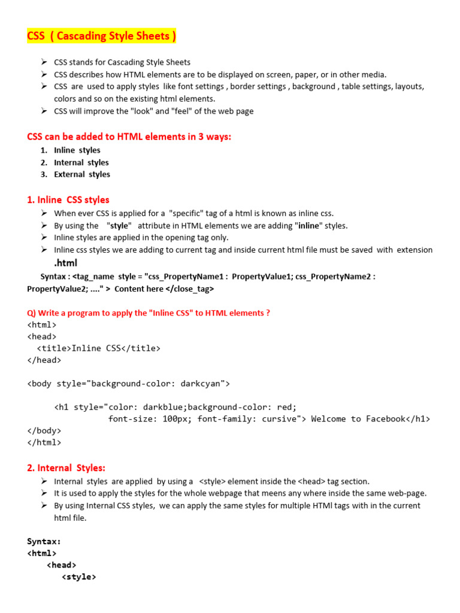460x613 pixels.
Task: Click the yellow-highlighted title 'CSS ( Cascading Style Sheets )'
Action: [102, 37]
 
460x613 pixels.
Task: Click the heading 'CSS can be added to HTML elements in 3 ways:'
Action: [129, 136]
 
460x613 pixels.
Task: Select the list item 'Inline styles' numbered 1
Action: [77, 150]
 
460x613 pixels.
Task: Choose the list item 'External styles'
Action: [81, 174]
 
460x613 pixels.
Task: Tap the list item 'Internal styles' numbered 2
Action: [81, 162]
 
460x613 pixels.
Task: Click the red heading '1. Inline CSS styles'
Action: [68, 199]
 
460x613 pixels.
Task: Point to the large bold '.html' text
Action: [66, 263]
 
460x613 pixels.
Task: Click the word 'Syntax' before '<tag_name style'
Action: [54, 277]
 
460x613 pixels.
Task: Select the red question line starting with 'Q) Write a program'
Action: [149, 313]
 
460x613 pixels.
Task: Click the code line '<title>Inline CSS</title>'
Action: [99, 348]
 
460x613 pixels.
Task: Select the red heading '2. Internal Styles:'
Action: [66, 468]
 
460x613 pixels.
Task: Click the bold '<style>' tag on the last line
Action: [78, 576]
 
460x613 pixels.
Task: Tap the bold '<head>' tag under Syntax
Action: [61, 565]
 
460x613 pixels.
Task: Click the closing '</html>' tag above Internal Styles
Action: [44, 442]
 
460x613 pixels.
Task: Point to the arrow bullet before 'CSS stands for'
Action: [44, 62]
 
